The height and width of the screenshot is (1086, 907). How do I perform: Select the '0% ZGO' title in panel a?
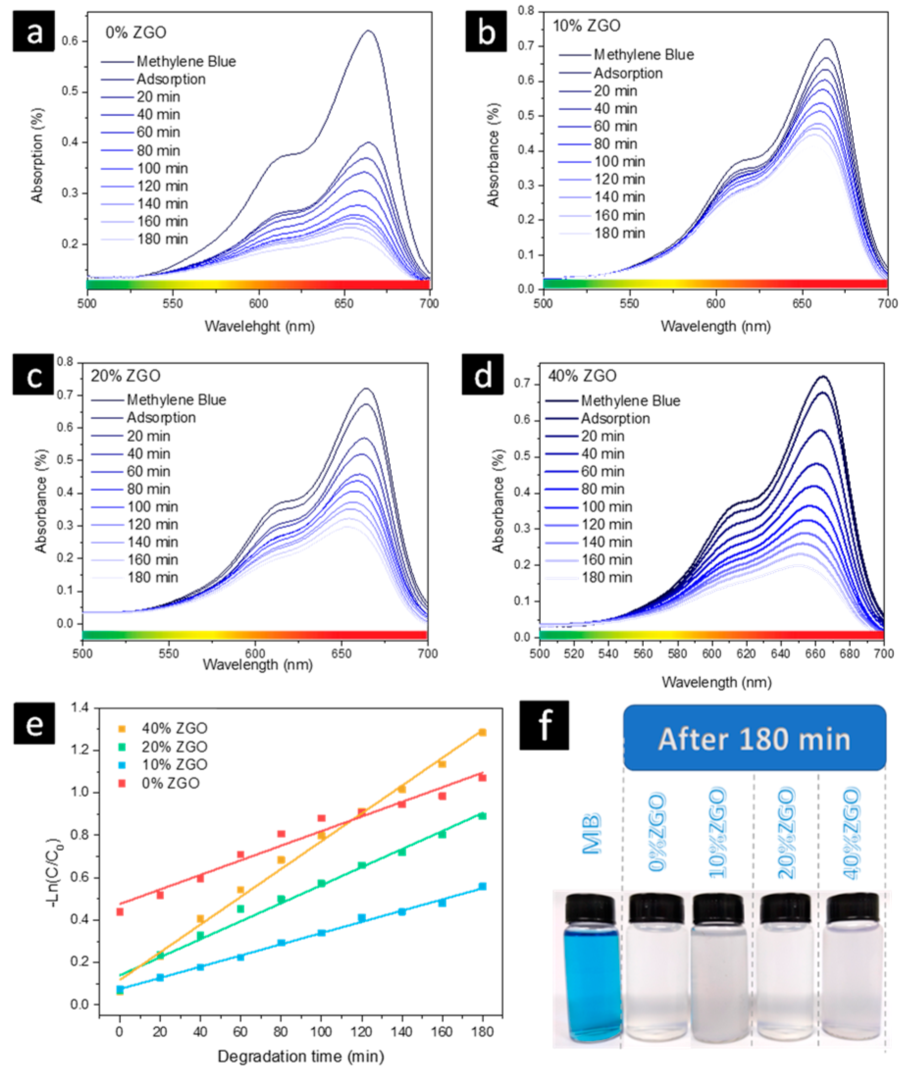pyautogui.click(x=136, y=32)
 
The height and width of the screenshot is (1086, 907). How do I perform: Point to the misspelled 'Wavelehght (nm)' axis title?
pyautogui.click(x=259, y=327)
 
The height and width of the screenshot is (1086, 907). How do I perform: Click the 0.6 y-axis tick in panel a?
pyautogui.click(x=70, y=41)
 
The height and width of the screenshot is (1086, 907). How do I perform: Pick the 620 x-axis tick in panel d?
pyautogui.click(x=746, y=654)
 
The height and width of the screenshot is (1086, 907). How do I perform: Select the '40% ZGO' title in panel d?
pyautogui.click(x=582, y=376)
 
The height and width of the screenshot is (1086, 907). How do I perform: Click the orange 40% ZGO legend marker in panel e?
pyautogui.click(x=122, y=729)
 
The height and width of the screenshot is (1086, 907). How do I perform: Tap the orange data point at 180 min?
pyautogui.click(x=482, y=732)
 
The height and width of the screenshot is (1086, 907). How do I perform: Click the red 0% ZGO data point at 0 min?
pyautogui.click(x=120, y=912)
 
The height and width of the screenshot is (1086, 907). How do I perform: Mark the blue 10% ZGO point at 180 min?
pyautogui.click(x=482, y=886)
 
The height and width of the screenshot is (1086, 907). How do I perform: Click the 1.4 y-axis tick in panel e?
pyautogui.click(x=79, y=707)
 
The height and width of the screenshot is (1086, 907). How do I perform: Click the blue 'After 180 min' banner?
pyautogui.click(x=755, y=738)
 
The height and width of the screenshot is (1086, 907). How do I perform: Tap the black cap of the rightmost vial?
pyautogui.click(x=852, y=909)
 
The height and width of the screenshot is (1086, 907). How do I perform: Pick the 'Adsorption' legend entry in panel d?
pyautogui.click(x=615, y=418)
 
